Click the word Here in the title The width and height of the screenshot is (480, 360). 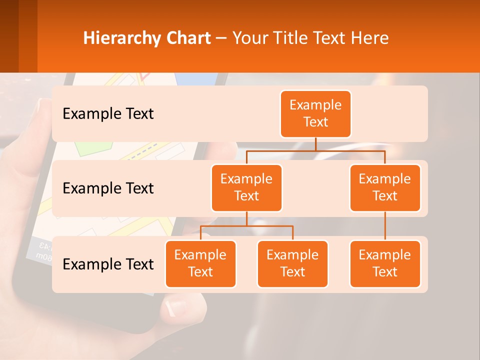point(370,38)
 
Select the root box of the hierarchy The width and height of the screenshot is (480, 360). point(315,114)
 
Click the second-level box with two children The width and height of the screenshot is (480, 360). point(246,188)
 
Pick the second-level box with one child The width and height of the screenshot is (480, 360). point(385,188)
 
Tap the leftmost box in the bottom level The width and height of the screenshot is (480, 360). point(200,264)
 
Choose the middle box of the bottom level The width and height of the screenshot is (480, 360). point(292,264)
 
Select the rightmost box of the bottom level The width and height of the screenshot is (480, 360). point(385,264)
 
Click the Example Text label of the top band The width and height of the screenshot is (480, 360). point(108,114)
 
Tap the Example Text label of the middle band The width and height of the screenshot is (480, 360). point(108,188)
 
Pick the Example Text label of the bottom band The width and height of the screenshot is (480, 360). point(108,264)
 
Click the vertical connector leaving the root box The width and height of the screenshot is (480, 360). point(315,144)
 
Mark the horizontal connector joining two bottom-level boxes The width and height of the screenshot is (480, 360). point(246,226)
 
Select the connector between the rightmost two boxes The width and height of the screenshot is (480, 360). point(385,226)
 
